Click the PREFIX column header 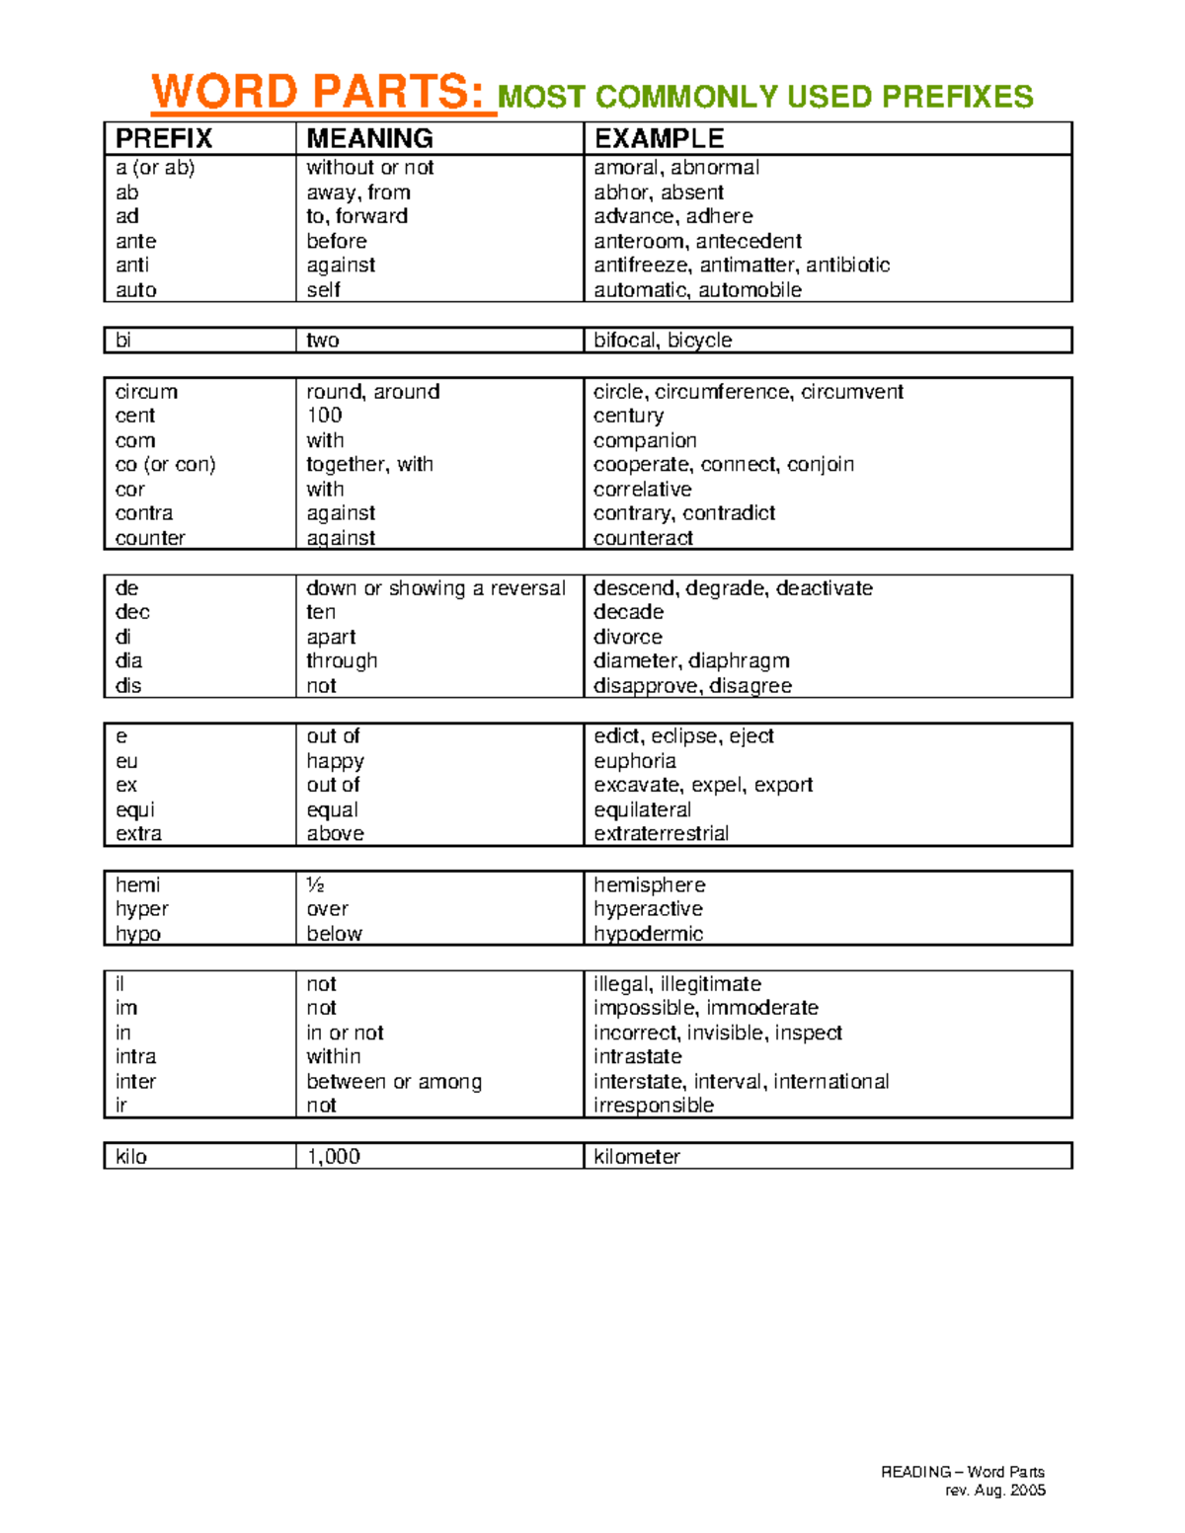coord(164,138)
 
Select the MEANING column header coord(369,138)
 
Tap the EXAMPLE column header coord(659,138)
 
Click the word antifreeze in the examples coord(641,266)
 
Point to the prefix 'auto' coord(136,290)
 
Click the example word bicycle coord(699,341)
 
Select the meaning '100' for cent coord(324,416)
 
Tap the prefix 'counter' coord(150,538)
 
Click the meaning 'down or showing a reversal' coord(435,588)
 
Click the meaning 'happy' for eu coord(335,761)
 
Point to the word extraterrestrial coord(661,834)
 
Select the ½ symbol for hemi coord(315,885)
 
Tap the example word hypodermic coord(648,934)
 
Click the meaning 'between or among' coord(394,1082)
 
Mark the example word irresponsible coord(653,1106)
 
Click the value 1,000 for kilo coord(333,1157)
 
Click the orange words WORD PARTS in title coord(318,93)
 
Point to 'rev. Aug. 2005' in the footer coord(994,1491)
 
